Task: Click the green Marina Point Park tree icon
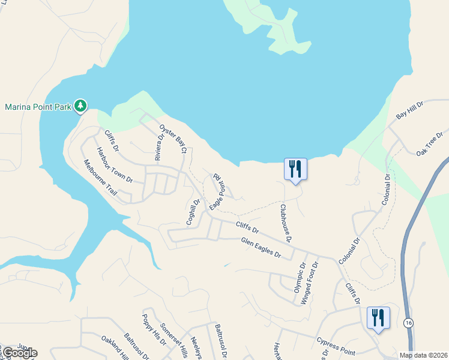[x=80, y=107]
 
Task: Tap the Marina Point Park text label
[x=38, y=107]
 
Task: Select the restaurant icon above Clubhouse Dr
[x=295, y=169]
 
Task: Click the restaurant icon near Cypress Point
[x=378, y=317]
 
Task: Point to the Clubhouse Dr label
[x=286, y=223]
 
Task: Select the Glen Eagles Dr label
[x=261, y=247]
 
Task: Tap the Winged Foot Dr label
[x=310, y=283]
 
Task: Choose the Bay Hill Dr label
[x=410, y=111]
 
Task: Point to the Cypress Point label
[x=336, y=345]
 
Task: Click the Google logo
[x=19, y=353]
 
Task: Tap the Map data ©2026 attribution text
[x=423, y=355]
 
